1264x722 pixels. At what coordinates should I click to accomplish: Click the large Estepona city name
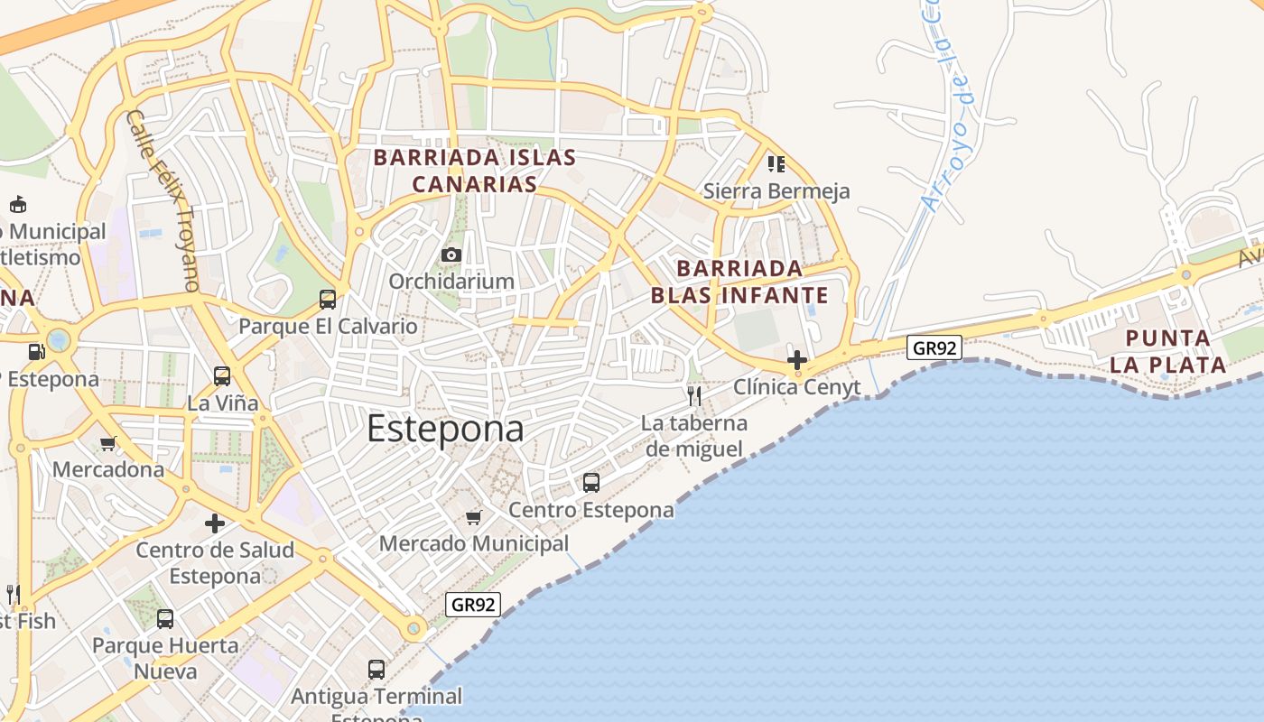445,429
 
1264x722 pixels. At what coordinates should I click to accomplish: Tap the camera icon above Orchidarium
451,255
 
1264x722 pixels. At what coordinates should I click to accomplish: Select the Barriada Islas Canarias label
475,171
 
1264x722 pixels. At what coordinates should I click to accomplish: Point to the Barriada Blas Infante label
739,282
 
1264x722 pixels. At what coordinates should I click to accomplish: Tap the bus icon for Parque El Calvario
328,299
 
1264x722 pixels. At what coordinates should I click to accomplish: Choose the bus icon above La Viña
222,375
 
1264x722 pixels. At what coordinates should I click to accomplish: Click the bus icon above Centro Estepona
591,482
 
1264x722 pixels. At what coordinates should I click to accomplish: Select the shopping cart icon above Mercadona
108,443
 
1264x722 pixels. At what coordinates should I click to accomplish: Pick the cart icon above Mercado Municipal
474,517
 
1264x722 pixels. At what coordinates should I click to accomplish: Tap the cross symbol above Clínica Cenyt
796,360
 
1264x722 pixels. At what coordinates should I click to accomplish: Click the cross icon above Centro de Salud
215,523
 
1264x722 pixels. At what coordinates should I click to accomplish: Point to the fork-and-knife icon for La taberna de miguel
694,395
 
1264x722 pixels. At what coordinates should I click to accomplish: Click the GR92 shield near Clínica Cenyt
934,347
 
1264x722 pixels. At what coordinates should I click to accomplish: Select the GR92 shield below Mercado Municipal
473,605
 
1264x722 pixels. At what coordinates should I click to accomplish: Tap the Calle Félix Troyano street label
163,200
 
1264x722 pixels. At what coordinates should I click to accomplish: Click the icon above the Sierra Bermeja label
776,164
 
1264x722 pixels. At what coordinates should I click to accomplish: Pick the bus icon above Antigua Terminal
376,670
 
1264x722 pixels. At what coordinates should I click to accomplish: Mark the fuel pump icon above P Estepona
36,352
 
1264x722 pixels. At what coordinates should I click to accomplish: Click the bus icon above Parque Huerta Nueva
165,619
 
